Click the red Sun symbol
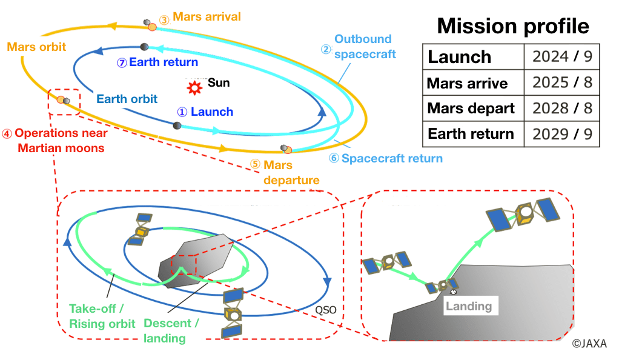click(194, 87)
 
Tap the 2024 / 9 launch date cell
click(561, 57)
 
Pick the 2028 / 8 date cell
click(561, 108)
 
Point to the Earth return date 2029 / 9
click(561, 134)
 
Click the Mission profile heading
click(512, 26)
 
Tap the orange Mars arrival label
click(207, 16)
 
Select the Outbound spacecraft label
click(364, 47)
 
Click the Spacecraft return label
click(391, 159)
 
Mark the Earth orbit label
click(127, 99)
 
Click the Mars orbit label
click(36, 47)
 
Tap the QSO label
click(326, 310)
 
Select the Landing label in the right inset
click(469, 306)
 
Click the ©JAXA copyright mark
click(592, 344)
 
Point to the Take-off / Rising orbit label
click(102, 316)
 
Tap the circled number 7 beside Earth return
click(122, 62)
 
